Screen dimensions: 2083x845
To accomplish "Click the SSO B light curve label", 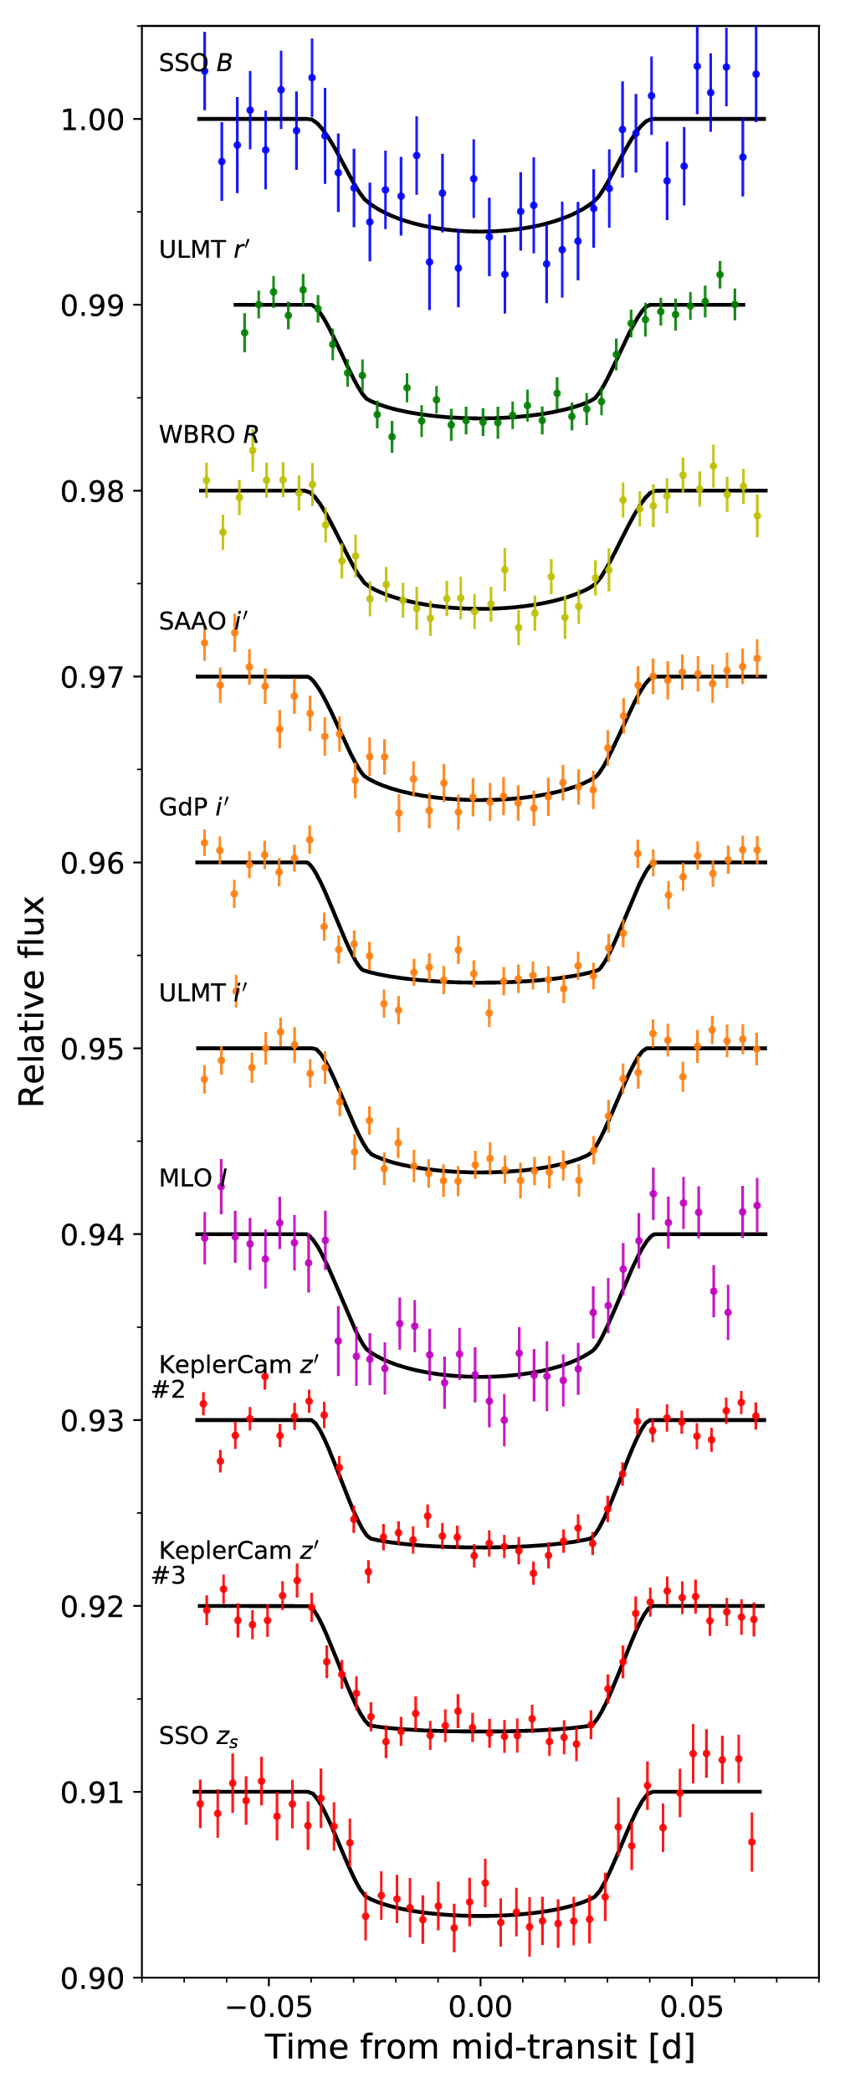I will pos(195,64).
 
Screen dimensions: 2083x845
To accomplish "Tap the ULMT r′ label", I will pos(203,249).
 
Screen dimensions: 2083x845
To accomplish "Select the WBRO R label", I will pos(208,435).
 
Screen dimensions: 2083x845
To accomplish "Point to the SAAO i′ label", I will pos(202,621).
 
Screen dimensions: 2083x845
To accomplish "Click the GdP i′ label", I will pos(193,807).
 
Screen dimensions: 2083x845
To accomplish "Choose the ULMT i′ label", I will pos(202,993).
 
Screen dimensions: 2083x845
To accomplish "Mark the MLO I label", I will pos(192,1178).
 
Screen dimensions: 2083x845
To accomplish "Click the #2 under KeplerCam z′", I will pos(168,1390).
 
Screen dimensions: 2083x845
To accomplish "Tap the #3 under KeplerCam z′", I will pos(168,1576).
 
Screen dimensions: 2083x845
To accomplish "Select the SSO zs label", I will pos(198,1737).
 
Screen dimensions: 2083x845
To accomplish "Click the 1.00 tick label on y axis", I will pos(92,120).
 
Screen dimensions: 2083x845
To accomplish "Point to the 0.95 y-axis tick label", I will pos(92,1049).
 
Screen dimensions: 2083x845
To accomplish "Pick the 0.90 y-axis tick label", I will pos(92,1978).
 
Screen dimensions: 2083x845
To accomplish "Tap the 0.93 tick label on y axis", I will pos(92,1421).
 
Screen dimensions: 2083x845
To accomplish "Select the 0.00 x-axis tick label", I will pos(480,2007).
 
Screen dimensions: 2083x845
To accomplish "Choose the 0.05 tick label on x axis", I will pos(692,2007).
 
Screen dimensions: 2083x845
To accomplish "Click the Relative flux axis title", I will pos(33,1002).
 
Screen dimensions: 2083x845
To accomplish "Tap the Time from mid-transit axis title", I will pos(480,2047).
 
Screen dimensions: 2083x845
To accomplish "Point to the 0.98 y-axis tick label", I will pos(92,491).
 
